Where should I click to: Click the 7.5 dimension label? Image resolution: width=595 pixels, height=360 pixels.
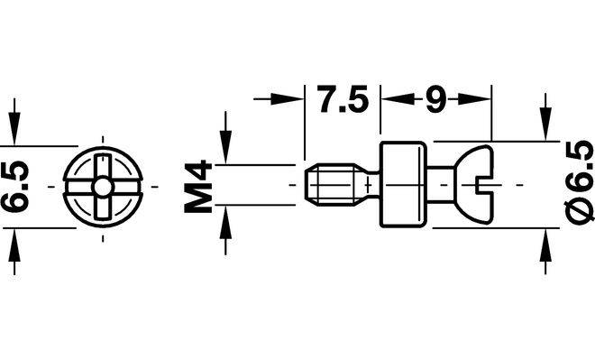343,99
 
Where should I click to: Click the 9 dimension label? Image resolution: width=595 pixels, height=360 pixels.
435,100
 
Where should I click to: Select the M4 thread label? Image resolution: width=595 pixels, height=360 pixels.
197,186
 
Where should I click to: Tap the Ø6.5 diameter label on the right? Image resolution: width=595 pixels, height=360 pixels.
580,180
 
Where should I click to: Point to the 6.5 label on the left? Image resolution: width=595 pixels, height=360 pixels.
14,186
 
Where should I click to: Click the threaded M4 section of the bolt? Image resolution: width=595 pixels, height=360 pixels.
330,185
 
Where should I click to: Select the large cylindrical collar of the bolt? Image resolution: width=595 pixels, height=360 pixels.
403,185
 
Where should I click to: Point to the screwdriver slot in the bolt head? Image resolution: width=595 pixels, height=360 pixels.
484,185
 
